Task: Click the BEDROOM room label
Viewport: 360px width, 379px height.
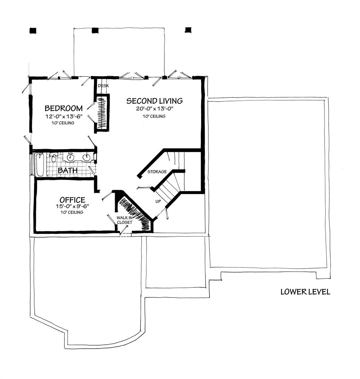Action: point(64,108)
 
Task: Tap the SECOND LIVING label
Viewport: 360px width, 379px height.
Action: point(154,101)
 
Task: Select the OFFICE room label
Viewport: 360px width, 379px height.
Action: point(72,200)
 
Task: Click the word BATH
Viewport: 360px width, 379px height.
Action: point(67,171)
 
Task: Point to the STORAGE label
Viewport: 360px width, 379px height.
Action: point(157,172)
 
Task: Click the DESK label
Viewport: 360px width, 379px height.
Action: point(103,86)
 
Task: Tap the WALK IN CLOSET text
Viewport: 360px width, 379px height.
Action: point(125,220)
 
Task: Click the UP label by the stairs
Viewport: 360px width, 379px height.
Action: point(158,201)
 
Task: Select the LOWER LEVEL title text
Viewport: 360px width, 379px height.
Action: point(305,292)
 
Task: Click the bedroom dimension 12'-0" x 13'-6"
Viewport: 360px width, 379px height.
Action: point(64,116)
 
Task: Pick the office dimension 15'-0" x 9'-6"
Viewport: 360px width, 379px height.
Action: point(72,207)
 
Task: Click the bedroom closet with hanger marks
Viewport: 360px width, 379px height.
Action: point(102,113)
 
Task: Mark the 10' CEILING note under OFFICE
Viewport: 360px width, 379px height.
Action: point(72,213)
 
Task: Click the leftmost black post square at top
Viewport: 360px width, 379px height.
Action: point(32,30)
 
